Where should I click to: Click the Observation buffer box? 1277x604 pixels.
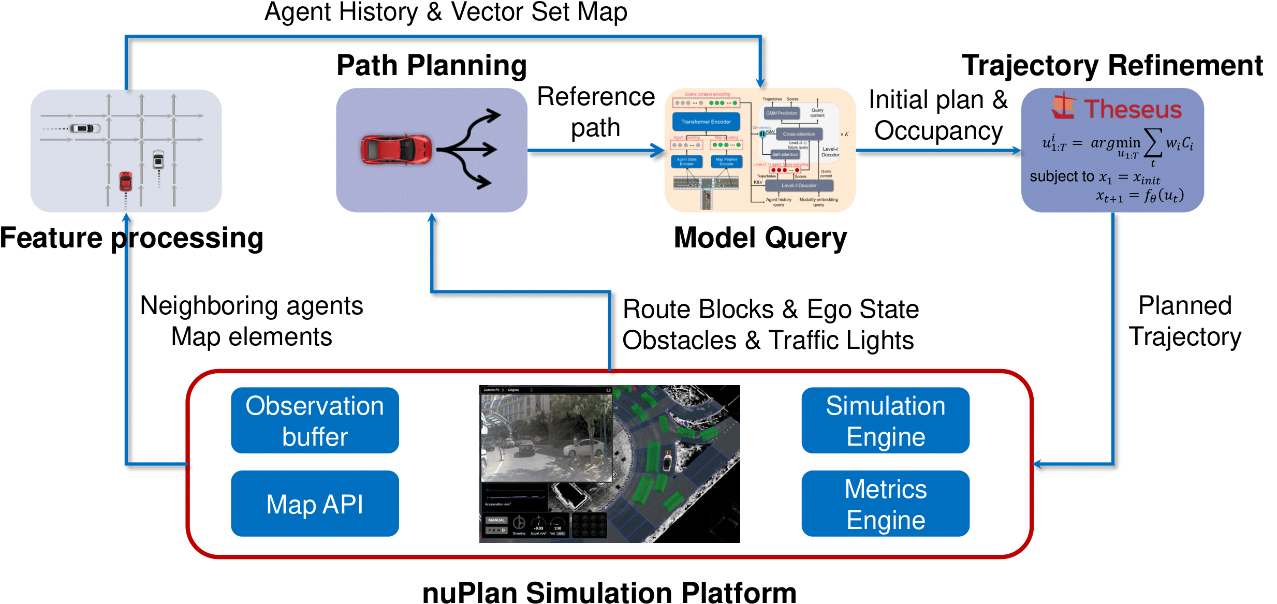[315, 420]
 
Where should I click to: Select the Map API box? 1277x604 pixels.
[315, 504]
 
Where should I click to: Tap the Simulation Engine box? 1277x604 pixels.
[885, 420]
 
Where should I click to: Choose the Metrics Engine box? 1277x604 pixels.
[885, 504]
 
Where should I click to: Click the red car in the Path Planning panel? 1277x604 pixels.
[396, 150]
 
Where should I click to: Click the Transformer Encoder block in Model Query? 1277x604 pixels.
[706, 122]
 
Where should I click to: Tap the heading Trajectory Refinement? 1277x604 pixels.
[1112, 66]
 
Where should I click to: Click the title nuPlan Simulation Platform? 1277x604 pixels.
[609, 592]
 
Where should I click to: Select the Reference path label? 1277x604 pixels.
[596, 112]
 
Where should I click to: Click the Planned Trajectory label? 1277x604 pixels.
[1184, 321]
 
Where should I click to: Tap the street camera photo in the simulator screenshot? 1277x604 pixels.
[546, 437]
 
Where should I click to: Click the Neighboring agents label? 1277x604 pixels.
[252, 306]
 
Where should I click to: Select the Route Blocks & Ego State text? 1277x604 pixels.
[770, 310]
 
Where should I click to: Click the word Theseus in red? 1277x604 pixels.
[1133, 109]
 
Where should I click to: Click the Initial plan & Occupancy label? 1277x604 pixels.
[938, 115]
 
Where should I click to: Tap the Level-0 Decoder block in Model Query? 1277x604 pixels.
[799, 185]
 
